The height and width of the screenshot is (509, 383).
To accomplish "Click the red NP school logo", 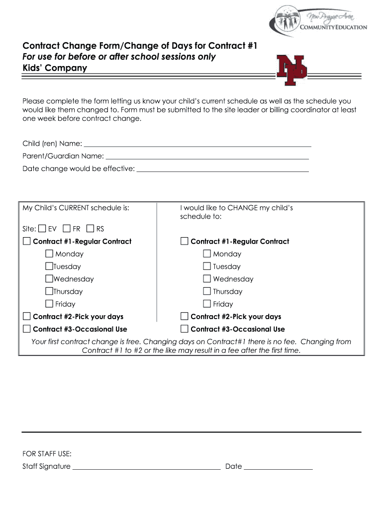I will click(x=292, y=70).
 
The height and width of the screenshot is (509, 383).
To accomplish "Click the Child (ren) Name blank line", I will click(x=197, y=146).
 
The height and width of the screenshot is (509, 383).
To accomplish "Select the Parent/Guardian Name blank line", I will click(x=206, y=158).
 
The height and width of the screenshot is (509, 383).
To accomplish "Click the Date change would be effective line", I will click(x=222, y=170).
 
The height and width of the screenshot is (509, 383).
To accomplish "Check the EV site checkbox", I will click(x=42, y=229).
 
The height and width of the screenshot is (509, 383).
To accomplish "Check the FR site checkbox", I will click(x=67, y=229).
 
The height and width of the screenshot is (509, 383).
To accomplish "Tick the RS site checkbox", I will click(x=90, y=229).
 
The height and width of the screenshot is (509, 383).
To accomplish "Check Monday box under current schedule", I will click(x=49, y=254).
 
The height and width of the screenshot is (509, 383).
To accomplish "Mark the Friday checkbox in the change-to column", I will click(x=207, y=304).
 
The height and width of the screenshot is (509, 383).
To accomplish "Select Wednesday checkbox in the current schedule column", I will click(x=49, y=279).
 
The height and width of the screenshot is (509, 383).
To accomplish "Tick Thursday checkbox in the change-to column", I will click(x=207, y=291).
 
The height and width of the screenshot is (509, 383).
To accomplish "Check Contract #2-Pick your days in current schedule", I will click(x=27, y=316).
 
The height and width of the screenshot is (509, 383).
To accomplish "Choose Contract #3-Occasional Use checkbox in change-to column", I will click(x=185, y=329).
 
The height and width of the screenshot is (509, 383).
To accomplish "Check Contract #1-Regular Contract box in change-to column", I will click(x=185, y=241).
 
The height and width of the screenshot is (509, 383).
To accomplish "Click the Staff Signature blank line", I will click(x=146, y=468).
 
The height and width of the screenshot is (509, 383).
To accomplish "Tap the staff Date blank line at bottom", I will click(x=278, y=468).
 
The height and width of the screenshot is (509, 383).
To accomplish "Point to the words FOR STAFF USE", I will click(x=47, y=454).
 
